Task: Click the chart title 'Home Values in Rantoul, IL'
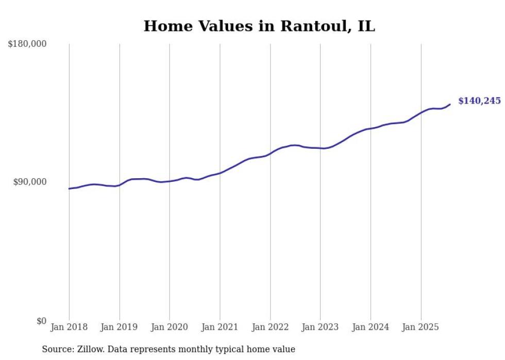[x=259, y=26]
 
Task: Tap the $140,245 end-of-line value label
[x=479, y=101]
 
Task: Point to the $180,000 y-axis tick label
[x=27, y=44]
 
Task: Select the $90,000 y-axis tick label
[x=29, y=182]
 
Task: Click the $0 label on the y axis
[x=41, y=321]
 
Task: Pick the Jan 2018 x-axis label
[x=69, y=327]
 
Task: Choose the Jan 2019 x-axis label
[x=120, y=327]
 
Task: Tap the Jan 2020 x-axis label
[x=170, y=327]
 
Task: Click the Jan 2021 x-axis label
[x=220, y=327]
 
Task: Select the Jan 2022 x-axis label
[x=270, y=327]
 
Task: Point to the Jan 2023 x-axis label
[x=320, y=327]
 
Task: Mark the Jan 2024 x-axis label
[x=371, y=327]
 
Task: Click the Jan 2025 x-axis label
[x=420, y=327]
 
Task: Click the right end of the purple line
[x=450, y=105]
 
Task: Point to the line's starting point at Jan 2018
[x=69, y=188]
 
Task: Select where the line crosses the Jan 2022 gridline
[x=270, y=153]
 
